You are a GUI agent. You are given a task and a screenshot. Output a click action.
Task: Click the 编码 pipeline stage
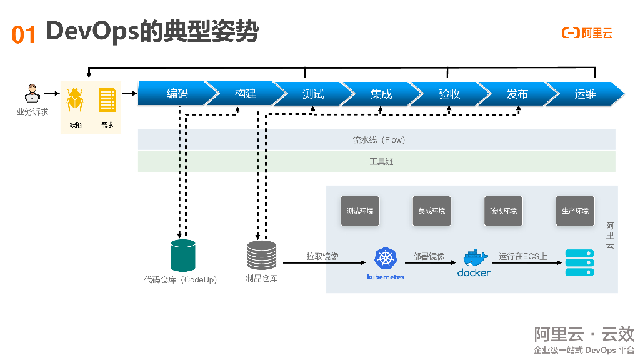click(x=177, y=94)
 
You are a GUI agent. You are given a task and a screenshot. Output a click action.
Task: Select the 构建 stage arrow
click(x=246, y=94)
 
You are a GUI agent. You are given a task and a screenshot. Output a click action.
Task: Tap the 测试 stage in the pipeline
click(x=313, y=94)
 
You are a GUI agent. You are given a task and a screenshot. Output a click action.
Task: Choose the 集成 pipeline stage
click(x=381, y=94)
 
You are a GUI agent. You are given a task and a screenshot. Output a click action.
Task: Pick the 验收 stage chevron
click(x=449, y=94)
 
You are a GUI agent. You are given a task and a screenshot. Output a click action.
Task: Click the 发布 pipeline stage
click(x=517, y=94)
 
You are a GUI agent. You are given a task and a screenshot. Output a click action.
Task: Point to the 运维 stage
click(x=585, y=94)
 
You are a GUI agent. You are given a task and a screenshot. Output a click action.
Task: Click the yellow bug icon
click(x=75, y=100)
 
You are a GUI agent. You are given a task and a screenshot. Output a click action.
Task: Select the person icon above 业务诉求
click(x=32, y=94)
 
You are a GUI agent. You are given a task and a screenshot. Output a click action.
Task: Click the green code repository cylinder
click(x=183, y=256)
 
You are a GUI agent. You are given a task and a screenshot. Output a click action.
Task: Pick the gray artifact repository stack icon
click(x=261, y=255)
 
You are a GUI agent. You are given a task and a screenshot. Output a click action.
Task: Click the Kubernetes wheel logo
click(x=386, y=258)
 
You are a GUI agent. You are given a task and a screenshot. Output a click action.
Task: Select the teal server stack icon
click(x=579, y=262)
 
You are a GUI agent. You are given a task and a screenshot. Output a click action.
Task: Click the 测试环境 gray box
click(x=360, y=211)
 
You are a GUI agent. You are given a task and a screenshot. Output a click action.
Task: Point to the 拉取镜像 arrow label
click(x=322, y=256)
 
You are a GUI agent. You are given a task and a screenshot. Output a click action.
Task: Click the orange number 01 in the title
click(x=24, y=34)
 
